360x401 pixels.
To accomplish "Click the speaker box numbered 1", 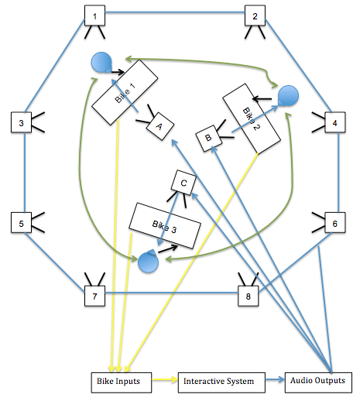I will tap(94, 15).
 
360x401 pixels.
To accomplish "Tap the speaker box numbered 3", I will tap(21, 122).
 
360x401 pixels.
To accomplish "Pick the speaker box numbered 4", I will tap(334, 122).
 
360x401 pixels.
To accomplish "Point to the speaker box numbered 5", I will tap(21, 224).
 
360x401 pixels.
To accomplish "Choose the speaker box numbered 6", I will tap(334, 224).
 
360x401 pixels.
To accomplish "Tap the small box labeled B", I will tap(207, 138).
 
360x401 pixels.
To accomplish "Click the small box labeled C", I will tap(183, 182).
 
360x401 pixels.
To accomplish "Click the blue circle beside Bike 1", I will tap(99, 63).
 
